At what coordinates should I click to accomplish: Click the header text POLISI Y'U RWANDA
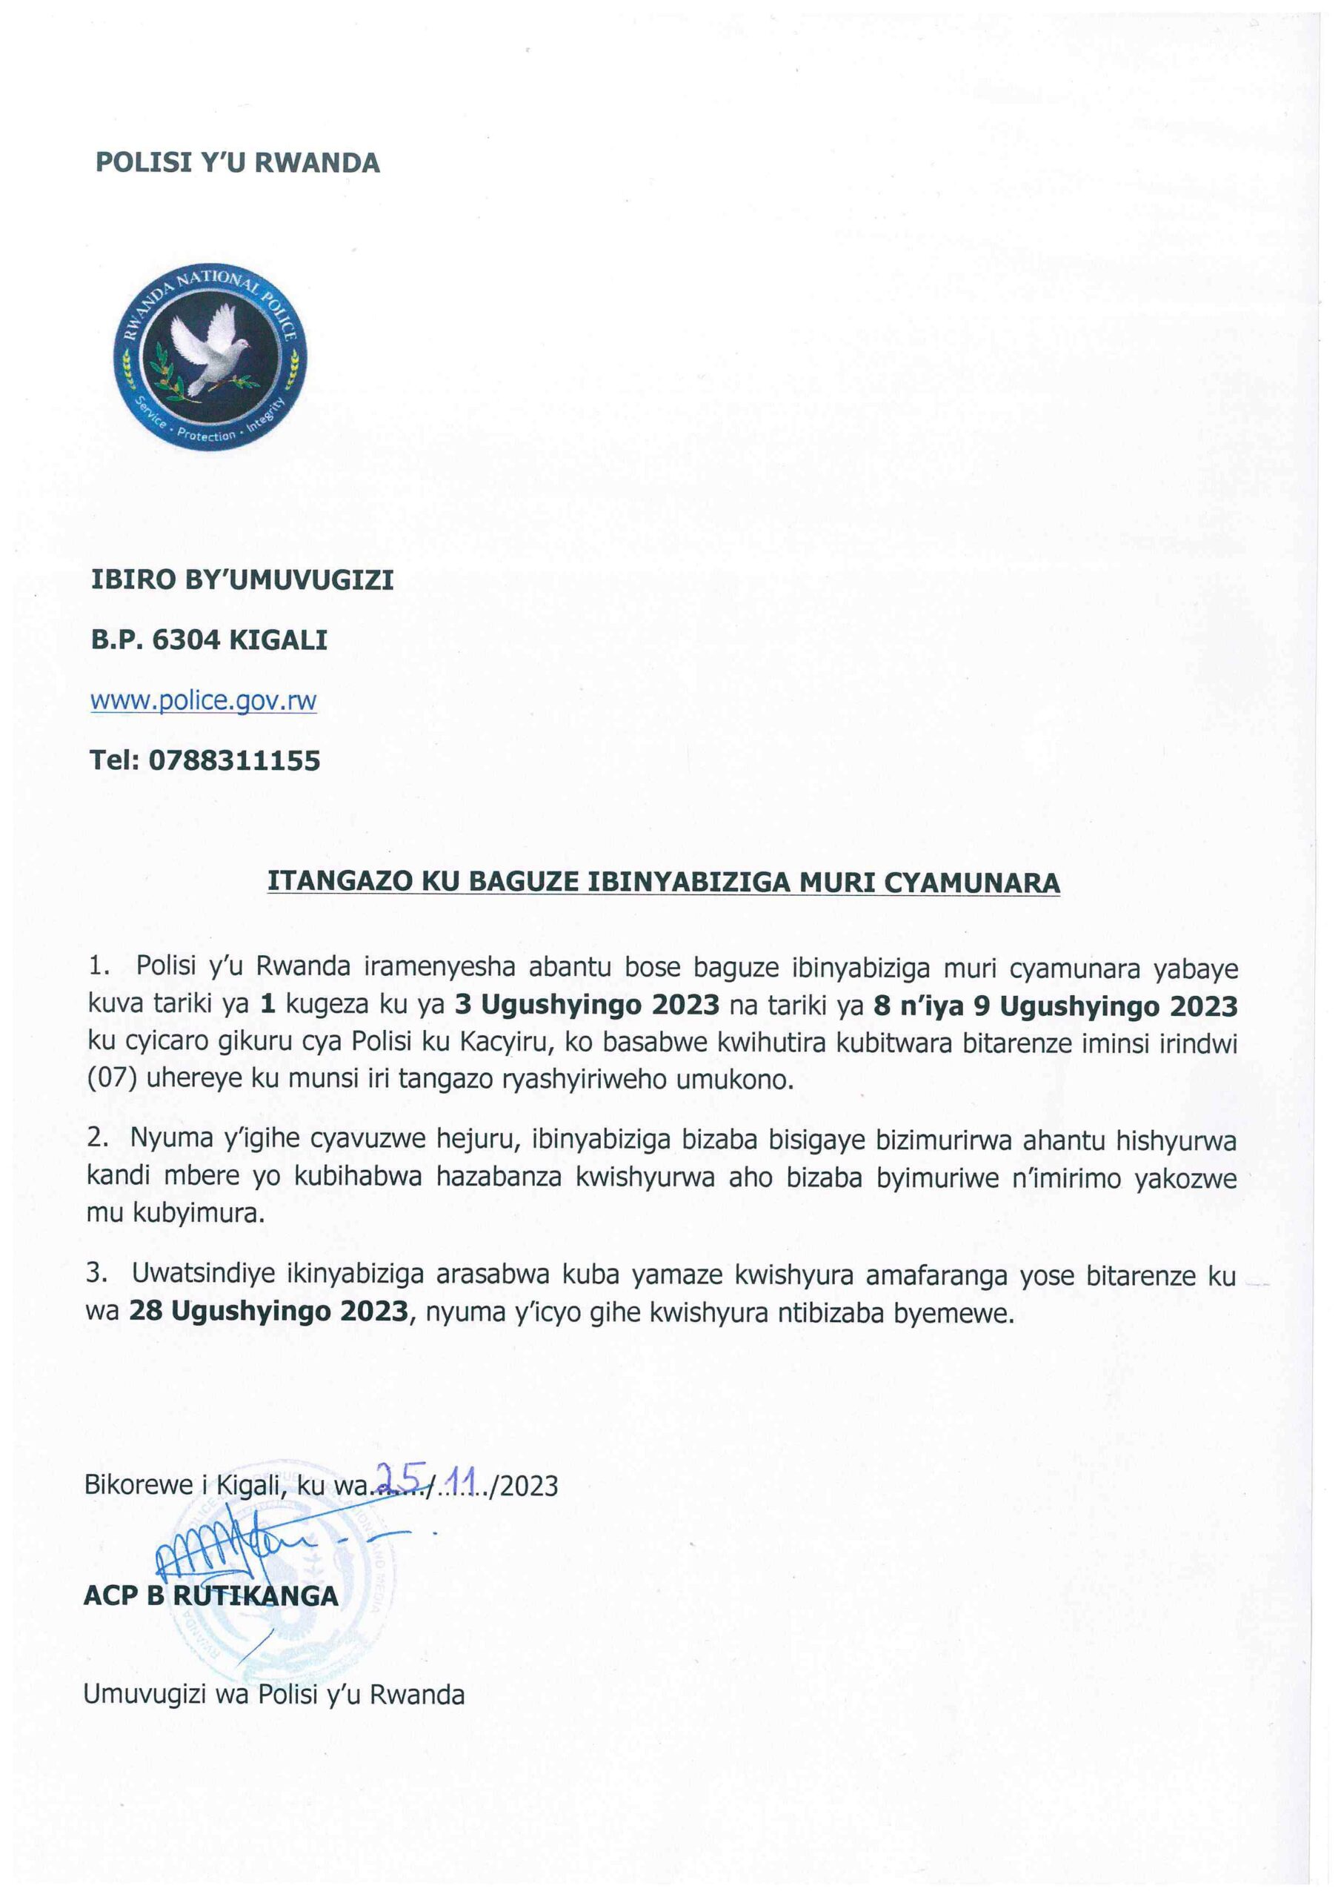[237, 163]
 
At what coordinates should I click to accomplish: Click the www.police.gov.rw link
[203, 701]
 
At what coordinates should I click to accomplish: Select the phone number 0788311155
[234, 760]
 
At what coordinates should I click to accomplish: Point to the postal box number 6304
[187, 639]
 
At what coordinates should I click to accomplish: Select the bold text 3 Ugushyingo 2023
[588, 1006]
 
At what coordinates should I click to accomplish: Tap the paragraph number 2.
[96, 1140]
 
